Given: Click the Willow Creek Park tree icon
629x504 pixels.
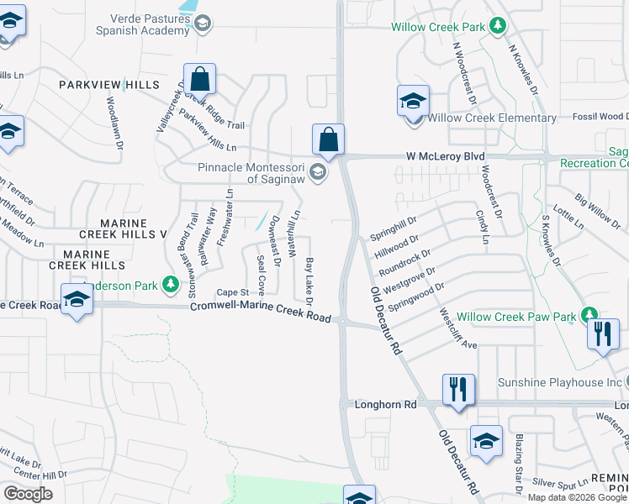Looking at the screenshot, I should point(498,27).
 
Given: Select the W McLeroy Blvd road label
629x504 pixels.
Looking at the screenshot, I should point(446,156).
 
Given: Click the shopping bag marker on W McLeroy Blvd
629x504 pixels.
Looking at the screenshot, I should point(329,139).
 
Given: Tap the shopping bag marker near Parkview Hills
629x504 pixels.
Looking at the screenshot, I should point(200,80).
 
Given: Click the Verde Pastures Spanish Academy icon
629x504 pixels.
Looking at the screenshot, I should point(202,24).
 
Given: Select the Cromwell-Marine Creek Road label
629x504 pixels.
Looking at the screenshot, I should point(260,307).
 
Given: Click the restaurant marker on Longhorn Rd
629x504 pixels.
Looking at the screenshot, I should point(458,390).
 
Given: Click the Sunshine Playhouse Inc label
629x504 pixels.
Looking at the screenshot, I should point(559,382).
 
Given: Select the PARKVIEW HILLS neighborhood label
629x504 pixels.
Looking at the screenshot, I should point(108,86).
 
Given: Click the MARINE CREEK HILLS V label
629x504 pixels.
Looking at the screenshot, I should point(134,228).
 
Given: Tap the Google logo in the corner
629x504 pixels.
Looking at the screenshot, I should point(28,494).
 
